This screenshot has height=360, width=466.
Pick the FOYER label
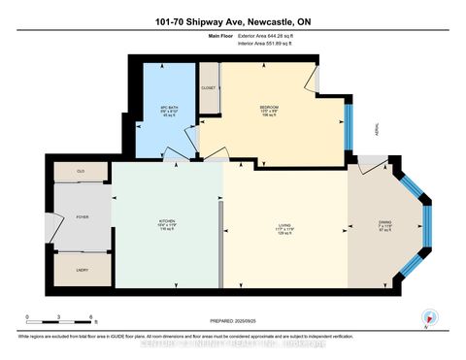point(83,216)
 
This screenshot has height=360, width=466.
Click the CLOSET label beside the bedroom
point(208,87)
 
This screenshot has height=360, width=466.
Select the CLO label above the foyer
point(82,171)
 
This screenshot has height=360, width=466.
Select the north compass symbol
point(424,316)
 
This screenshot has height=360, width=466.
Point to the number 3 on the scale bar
point(59,318)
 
